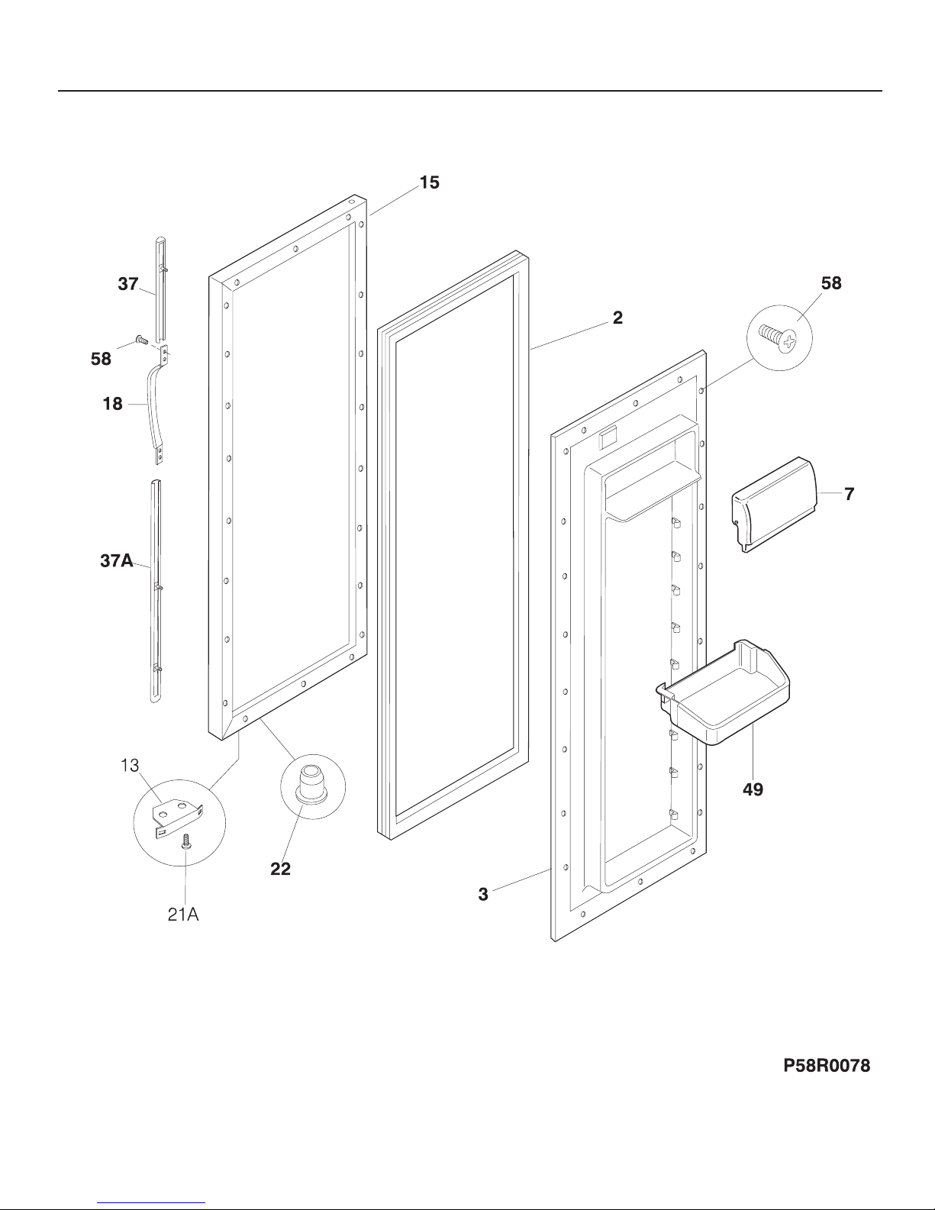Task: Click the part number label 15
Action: point(429,182)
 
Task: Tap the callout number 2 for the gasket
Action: point(617,318)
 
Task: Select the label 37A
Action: point(116,561)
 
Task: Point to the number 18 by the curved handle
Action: point(112,404)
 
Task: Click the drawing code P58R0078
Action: point(827,1066)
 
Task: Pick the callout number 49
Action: point(753,789)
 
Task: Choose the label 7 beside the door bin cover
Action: point(849,494)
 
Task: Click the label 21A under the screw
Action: point(183,915)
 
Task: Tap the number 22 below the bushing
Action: point(281,869)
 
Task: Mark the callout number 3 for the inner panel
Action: point(483,894)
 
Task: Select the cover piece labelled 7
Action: point(774,504)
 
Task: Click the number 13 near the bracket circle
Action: point(130,765)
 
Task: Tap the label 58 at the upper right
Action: point(831,283)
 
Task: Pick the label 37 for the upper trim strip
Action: point(128,284)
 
